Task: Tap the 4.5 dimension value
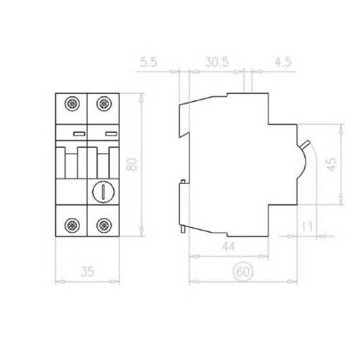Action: (x=282, y=63)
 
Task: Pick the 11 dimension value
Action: (x=307, y=227)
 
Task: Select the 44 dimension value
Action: (x=228, y=246)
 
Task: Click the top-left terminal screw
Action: (x=72, y=105)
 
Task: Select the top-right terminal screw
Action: (x=102, y=105)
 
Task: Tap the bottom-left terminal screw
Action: (x=72, y=224)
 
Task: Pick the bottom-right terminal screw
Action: (x=102, y=224)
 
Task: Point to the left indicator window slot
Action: (x=78, y=133)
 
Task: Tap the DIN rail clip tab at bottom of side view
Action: (x=186, y=229)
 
